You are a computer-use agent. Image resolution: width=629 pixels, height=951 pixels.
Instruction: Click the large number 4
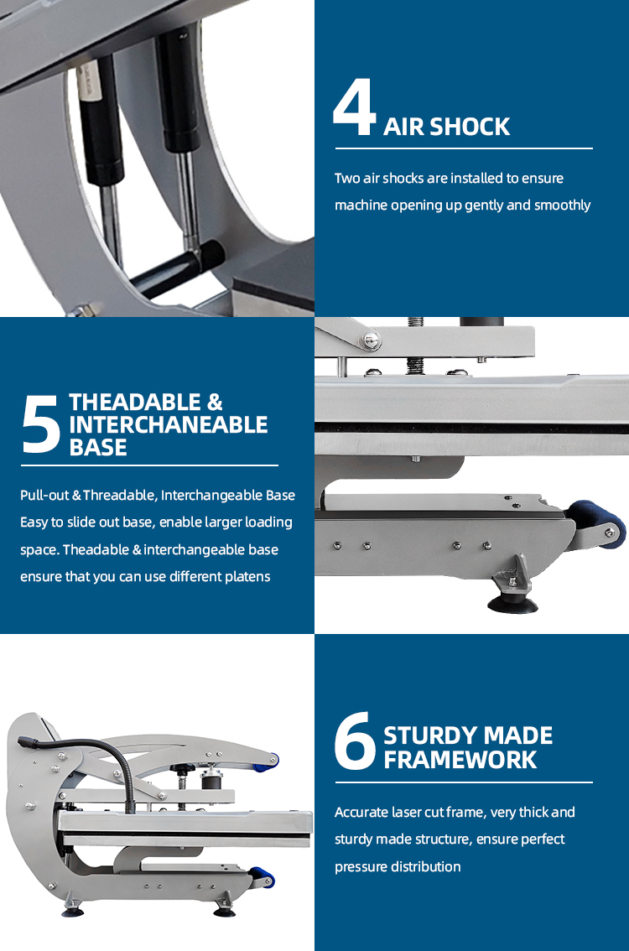354,107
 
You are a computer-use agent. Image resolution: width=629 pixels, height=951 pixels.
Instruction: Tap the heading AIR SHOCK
446,127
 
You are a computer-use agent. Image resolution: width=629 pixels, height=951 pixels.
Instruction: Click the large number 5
40,424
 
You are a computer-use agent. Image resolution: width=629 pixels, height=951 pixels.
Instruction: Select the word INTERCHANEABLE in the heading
168,424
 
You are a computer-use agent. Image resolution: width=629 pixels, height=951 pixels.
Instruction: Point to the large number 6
355,741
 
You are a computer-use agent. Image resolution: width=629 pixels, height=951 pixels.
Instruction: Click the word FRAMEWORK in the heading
460,759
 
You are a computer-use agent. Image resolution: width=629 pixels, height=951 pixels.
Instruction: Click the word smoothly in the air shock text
562,205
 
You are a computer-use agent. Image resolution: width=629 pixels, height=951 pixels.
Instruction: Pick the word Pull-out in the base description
44,495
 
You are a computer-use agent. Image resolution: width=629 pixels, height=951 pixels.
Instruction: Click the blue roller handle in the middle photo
596,522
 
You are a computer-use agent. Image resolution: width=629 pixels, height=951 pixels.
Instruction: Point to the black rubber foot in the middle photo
512,604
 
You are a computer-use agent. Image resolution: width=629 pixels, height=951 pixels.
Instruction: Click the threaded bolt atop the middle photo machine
415,345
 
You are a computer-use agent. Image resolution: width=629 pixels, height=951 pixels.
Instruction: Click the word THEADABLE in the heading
135,402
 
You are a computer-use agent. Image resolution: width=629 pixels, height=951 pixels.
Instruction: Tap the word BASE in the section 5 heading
97,447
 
